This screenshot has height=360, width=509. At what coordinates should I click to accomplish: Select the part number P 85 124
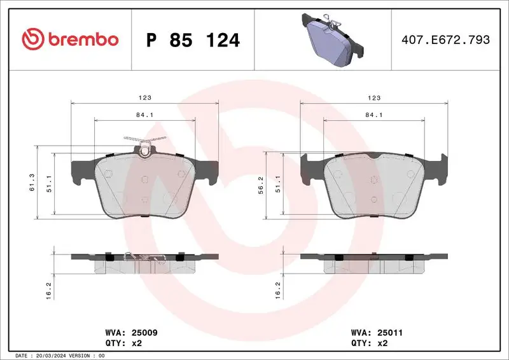pyautogui.click(x=193, y=41)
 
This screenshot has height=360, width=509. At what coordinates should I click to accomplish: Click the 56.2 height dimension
pyautogui.click(x=268, y=183)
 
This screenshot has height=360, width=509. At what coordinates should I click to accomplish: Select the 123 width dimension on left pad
pyautogui.click(x=146, y=98)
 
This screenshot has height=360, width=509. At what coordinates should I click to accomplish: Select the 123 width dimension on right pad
pyautogui.click(x=374, y=98)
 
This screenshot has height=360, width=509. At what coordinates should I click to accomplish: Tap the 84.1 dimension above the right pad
pyautogui.click(x=374, y=115)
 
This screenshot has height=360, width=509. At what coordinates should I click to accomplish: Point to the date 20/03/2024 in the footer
pyautogui.click(x=50, y=355)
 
